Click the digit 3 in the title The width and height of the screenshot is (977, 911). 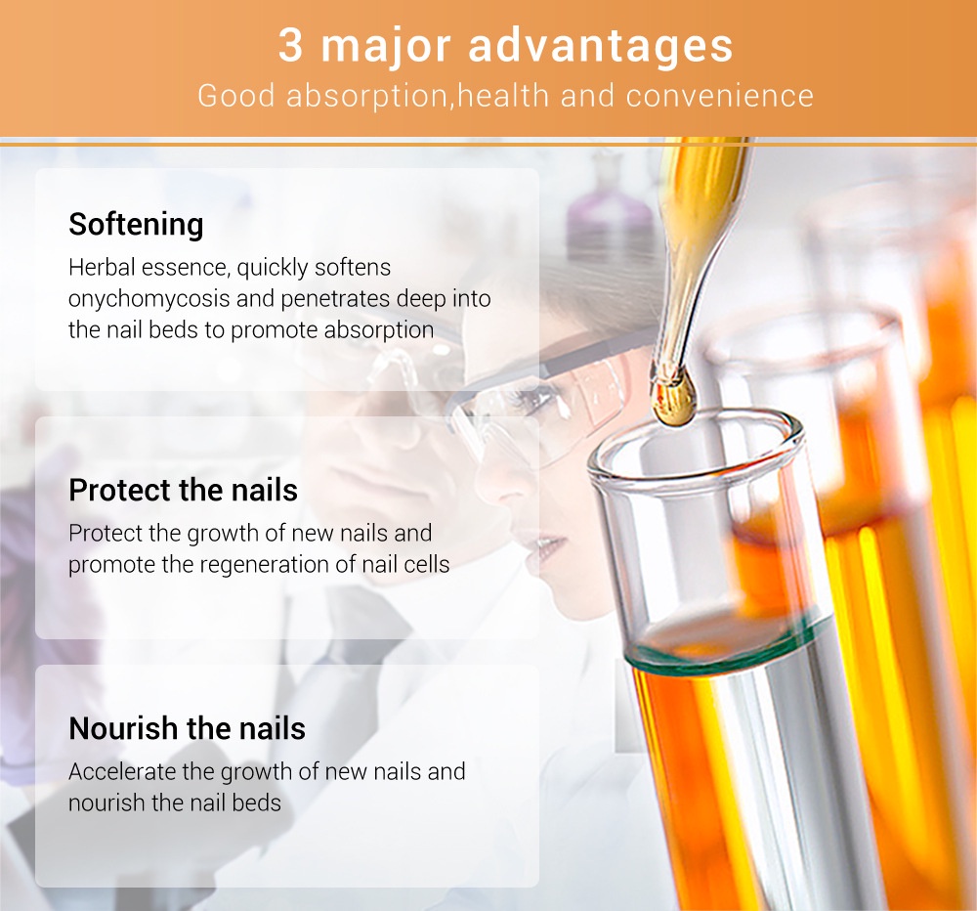pos(290,46)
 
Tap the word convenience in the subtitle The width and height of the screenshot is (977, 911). pos(719,96)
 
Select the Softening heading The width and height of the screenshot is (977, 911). pos(136,225)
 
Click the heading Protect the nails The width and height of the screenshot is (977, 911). pos(183,491)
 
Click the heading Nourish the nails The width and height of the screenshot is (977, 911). pos(187,729)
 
